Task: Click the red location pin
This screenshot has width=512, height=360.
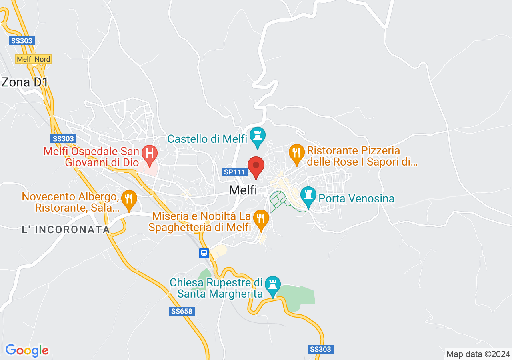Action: tap(256, 167)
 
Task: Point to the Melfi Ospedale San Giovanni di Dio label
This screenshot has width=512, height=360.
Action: tap(91, 157)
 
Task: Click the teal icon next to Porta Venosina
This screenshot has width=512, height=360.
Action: tap(308, 196)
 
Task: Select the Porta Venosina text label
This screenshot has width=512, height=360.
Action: tap(356, 198)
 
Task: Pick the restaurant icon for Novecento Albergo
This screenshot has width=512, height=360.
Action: tap(129, 199)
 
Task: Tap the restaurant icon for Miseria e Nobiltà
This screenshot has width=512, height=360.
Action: tap(260, 219)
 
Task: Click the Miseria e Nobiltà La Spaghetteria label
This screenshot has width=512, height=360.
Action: tap(200, 222)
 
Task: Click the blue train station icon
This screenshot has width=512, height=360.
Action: tap(204, 253)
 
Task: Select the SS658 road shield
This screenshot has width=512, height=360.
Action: tap(182, 311)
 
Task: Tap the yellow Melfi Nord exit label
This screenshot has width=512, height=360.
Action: tap(34, 59)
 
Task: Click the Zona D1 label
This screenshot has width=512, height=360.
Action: tap(25, 82)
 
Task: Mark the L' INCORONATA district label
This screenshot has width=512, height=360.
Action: tap(66, 230)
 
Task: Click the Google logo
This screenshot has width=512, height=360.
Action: tap(27, 350)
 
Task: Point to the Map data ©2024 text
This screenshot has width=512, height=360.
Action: tap(478, 354)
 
